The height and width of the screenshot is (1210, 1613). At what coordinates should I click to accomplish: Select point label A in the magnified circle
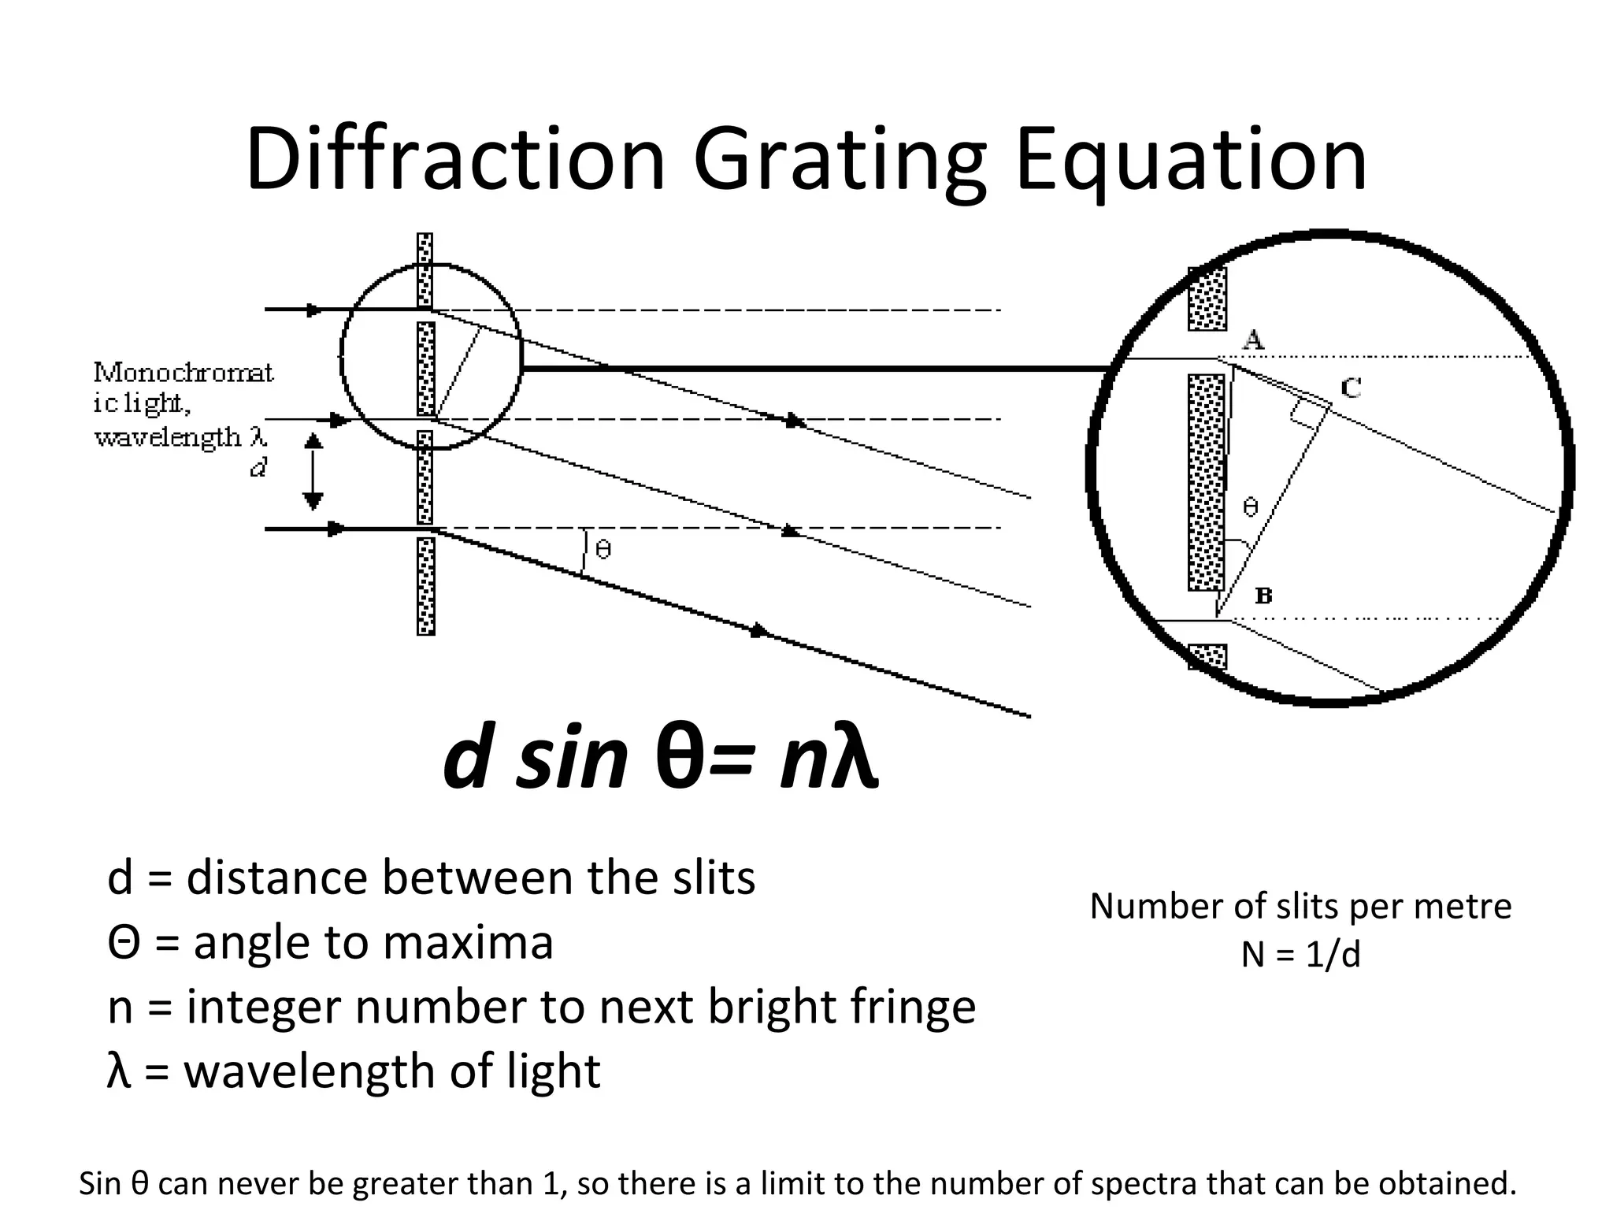1253,340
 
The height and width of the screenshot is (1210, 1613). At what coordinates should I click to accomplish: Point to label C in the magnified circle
1352,387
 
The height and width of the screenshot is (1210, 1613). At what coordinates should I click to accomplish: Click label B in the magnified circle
1263,596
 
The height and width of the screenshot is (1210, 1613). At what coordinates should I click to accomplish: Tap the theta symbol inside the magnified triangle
1250,507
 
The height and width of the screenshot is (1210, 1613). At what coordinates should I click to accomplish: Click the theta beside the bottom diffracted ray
603,548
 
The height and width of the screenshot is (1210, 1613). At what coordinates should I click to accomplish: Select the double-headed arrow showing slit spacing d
313,472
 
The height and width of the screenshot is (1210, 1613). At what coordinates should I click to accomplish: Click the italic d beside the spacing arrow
258,469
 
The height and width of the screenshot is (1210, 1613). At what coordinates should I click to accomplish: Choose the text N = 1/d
1300,955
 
